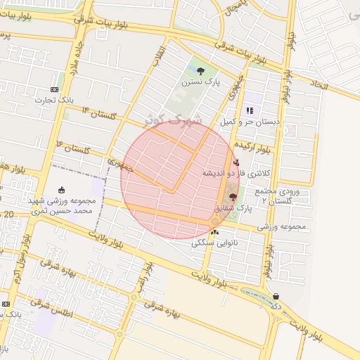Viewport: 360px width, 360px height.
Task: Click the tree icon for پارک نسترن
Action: (x=201, y=71)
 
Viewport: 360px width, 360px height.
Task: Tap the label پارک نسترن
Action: (x=201, y=82)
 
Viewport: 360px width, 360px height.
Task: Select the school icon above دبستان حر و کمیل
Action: (x=250, y=110)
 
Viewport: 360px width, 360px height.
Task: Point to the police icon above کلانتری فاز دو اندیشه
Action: (x=236, y=162)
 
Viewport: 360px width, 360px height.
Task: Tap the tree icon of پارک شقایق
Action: (x=233, y=198)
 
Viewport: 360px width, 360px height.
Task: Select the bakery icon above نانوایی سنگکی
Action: (x=214, y=231)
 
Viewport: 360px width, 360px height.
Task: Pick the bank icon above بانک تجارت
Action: (x=55, y=89)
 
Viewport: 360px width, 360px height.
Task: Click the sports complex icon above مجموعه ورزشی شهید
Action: (x=61, y=189)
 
